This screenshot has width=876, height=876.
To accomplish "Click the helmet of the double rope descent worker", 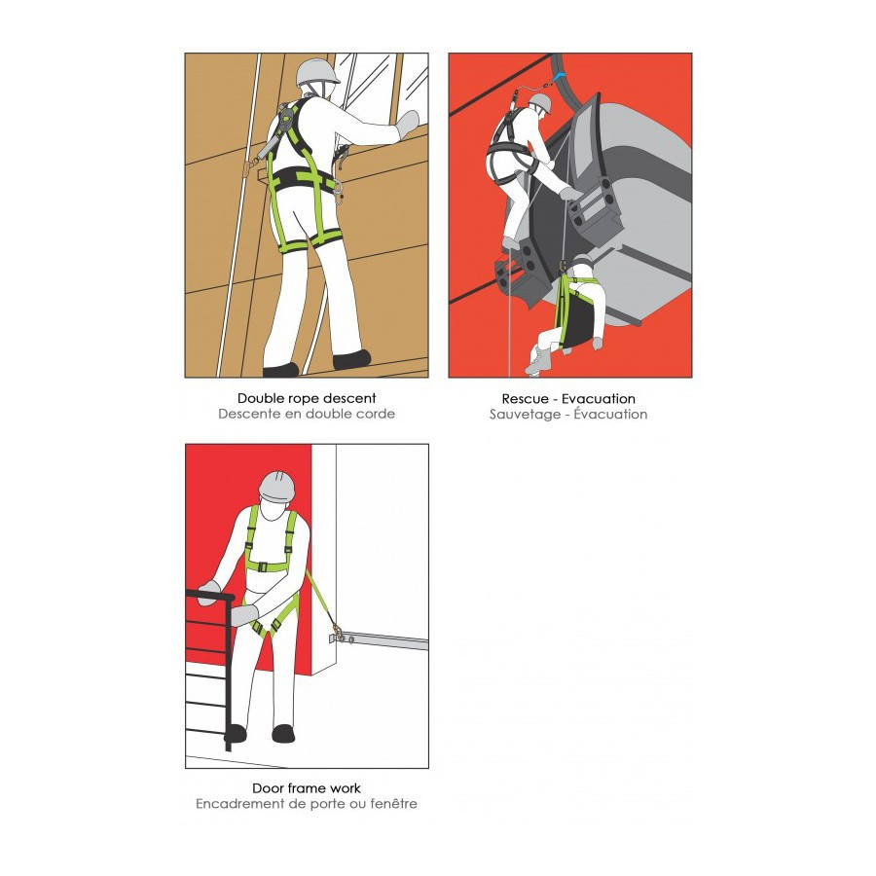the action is tap(317, 72).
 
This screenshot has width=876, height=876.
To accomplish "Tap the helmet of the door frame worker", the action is tap(276, 484).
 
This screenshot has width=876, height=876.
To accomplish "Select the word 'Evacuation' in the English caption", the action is tap(599, 399).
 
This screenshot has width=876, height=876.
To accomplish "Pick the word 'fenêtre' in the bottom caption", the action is tap(394, 804).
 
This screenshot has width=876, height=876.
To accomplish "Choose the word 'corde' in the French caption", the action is tap(377, 414).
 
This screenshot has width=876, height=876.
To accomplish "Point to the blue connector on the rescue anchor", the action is tap(561, 77).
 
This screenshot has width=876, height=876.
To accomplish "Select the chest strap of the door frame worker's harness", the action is tap(271, 566).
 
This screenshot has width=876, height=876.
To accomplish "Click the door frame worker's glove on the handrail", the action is tap(209, 592).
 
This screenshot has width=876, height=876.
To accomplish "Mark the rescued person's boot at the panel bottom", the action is tap(535, 361).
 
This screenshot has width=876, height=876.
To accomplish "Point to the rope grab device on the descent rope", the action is tap(247, 165).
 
